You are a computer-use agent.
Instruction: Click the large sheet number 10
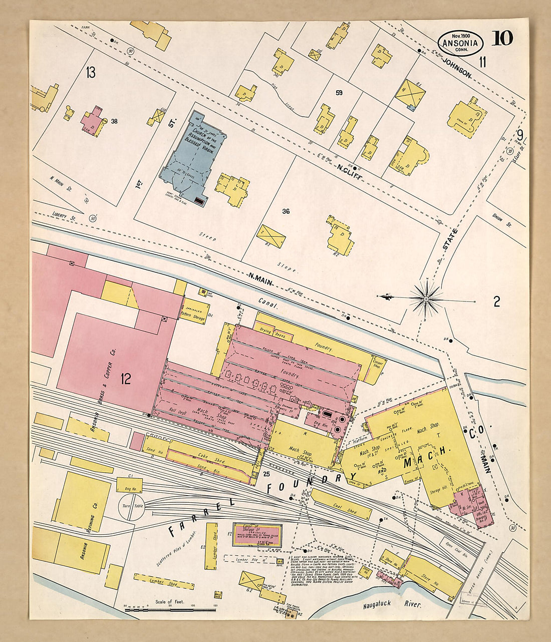502,38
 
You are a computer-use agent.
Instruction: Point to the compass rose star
426,299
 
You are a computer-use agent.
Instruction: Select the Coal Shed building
342,504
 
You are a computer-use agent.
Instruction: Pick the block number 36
286,211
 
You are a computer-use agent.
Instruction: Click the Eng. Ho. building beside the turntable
129,485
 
